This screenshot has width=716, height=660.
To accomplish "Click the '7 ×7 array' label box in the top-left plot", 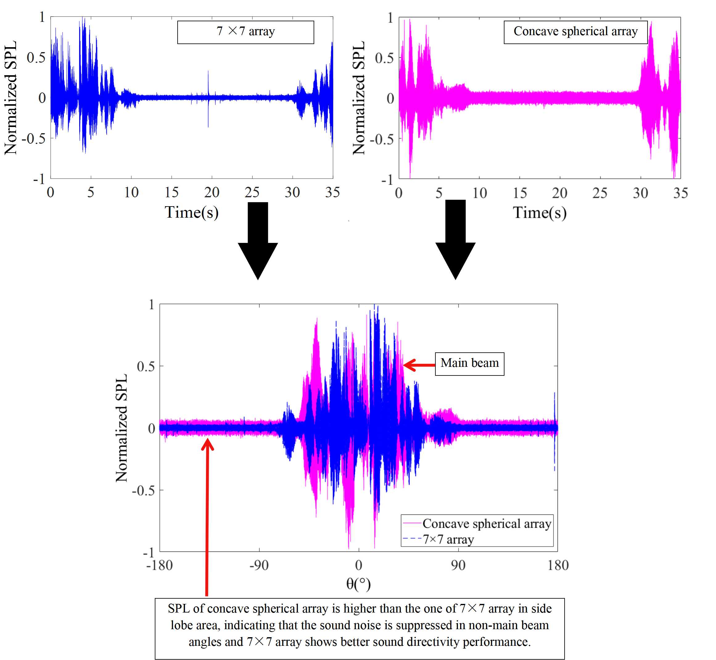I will [245, 32].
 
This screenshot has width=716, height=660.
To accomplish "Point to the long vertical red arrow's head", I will [207, 444].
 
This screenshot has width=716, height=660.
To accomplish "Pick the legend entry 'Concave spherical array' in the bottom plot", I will [486, 523].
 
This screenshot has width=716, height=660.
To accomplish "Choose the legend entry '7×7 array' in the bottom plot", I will [448, 539].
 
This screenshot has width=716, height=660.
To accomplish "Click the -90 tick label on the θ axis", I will [259, 565].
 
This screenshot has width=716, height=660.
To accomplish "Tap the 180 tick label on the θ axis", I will [558, 565].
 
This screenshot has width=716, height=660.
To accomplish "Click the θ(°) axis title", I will [358, 584].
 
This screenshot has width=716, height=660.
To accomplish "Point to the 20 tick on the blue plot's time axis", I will [212, 192].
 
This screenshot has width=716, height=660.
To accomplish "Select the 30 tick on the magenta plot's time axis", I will [640, 193].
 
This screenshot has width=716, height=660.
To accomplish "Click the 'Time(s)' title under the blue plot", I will [191, 212].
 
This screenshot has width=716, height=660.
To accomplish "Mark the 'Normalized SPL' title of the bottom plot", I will [121, 428].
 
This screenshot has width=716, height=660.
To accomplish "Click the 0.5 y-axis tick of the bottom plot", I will [146, 367].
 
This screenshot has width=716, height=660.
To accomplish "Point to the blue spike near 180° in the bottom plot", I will [554, 411].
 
